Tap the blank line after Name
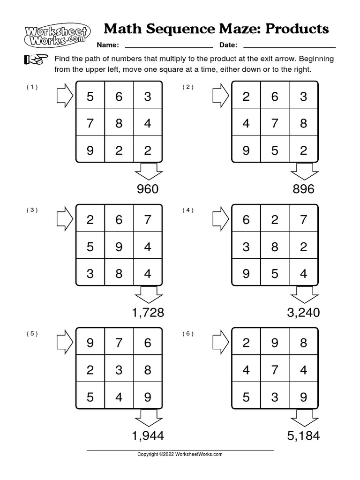(x=169, y=46)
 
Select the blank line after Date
(x=290, y=46)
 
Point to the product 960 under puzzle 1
(x=147, y=189)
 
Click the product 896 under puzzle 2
(x=303, y=189)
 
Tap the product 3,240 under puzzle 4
(x=303, y=313)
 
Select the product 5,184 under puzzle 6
(x=303, y=436)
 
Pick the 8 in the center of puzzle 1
(x=119, y=124)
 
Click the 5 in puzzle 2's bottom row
(x=275, y=151)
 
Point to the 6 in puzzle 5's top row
(x=148, y=343)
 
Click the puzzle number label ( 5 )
(x=32, y=334)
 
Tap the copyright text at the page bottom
(x=180, y=454)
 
